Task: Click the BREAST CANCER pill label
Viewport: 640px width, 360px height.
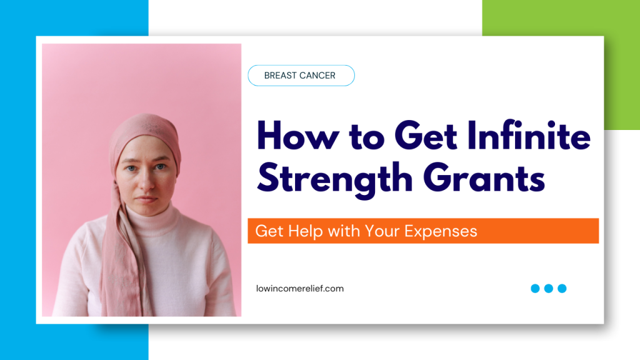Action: pos(301,76)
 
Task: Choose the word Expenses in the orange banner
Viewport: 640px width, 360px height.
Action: pos(441,231)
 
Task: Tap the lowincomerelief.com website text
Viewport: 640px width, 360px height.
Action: pos(300,289)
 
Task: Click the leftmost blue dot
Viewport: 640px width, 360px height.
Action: pos(535,289)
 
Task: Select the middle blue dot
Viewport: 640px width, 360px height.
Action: pos(549,289)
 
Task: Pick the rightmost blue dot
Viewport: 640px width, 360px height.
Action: pos(562,289)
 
